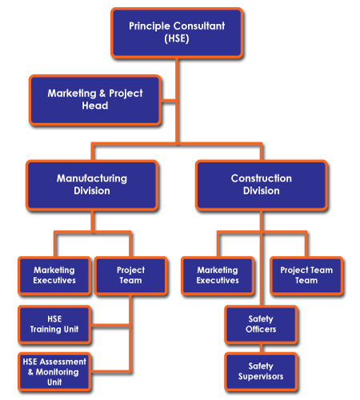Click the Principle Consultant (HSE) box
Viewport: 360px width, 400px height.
pyautogui.click(x=177, y=32)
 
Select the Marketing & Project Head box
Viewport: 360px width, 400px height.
pyautogui.click(x=94, y=100)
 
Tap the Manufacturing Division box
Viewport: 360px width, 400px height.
pyautogui.click(x=91, y=185)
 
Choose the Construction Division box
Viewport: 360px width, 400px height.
pyautogui.click(x=261, y=185)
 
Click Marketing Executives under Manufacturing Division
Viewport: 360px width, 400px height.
pyautogui.click(x=54, y=275)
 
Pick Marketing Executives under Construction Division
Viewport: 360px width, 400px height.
pyautogui.click(x=218, y=275)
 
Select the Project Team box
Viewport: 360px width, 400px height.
pyautogui.click(x=130, y=275)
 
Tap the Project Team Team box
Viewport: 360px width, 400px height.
pyautogui.click(x=306, y=275)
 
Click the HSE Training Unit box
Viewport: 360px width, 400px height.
pyautogui.click(x=54, y=323)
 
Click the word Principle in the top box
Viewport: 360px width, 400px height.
pyautogui.click(x=152, y=26)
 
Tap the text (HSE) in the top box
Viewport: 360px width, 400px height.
pyautogui.click(x=177, y=38)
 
